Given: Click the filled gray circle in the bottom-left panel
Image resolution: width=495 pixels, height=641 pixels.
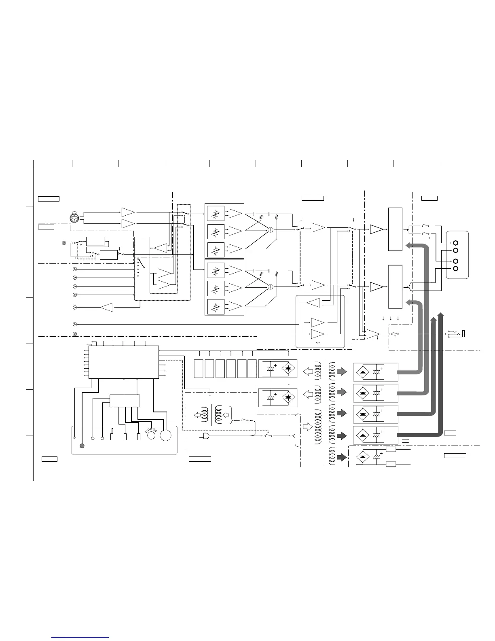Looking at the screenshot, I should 82,446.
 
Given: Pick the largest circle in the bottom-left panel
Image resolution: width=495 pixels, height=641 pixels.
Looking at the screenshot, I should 165,435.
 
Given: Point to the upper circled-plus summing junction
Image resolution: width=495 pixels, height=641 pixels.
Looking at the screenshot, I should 271,229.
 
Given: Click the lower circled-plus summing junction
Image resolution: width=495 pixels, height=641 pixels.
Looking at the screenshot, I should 271,287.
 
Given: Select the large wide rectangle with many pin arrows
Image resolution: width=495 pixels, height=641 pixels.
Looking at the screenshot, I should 123,362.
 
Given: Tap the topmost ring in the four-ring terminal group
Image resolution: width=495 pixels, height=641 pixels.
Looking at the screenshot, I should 456,243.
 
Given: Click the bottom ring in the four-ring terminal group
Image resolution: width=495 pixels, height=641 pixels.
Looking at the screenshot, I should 456,268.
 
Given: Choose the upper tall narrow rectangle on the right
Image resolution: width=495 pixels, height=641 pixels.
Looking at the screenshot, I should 395,229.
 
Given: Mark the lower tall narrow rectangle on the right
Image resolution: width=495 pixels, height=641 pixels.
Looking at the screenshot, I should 395,287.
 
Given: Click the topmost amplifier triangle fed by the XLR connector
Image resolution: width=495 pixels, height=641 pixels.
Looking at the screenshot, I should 128,212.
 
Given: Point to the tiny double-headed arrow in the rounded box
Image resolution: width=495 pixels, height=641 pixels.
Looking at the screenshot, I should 317,342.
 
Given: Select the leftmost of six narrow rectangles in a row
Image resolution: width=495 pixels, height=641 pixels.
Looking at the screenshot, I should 198,368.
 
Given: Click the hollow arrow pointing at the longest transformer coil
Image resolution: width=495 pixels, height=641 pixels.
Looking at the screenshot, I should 308,427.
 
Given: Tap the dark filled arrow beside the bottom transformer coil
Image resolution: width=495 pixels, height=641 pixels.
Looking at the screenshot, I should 342,457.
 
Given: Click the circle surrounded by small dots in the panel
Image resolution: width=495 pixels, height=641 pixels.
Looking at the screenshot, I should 151,435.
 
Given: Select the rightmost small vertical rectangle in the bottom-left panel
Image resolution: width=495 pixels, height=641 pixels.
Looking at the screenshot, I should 139,437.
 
